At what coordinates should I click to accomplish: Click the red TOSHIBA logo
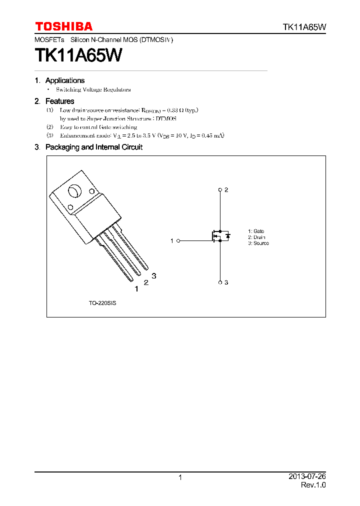click(x=63, y=26)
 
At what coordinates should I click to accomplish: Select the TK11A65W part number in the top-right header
click(x=304, y=27)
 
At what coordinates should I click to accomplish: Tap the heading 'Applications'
click(x=65, y=80)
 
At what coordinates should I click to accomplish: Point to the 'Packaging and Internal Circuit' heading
click(x=93, y=147)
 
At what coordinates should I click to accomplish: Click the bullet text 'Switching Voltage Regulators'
click(x=93, y=89)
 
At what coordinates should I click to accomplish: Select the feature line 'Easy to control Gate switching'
click(x=98, y=127)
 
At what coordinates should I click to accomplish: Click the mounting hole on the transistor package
click(x=74, y=192)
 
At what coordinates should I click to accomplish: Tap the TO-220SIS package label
click(x=102, y=303)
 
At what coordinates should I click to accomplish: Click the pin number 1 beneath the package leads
click(x=136, y=288)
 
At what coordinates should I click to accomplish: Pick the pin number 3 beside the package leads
click(x=154, y=275)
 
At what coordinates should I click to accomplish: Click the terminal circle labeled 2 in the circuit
click(x=220, y=190)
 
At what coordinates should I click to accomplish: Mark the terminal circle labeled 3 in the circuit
click(x=220, y=282)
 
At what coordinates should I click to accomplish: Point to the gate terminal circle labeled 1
click(x=178, y=240)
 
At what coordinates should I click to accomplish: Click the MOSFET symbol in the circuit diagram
click(x=220, y=236)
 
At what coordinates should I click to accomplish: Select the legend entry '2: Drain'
click(x=256, y=237)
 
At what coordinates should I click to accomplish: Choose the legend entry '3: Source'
click(x=258, y=243)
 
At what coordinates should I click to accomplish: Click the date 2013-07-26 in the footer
click(x=307, y=476)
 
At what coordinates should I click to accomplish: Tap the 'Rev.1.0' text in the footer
click(x=313, y=485)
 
